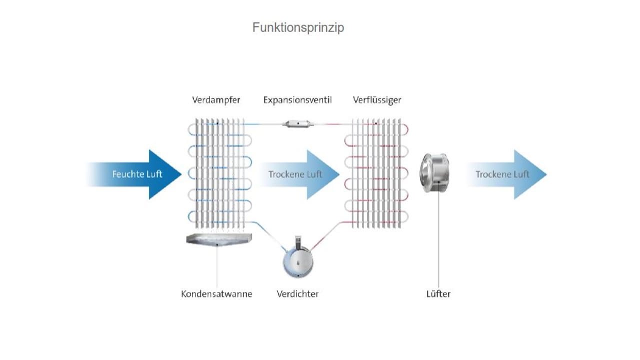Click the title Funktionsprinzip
(298, 27)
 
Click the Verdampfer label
(216, 100)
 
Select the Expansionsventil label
(297, 100)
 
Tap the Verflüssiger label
(377, 100)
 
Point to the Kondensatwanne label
(216, 294)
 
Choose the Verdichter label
(297, 294)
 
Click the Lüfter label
(438, 294)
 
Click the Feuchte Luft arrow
(135, 174)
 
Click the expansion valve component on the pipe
(297, 123)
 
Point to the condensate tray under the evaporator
(219, 240)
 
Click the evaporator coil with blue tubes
(219, 172)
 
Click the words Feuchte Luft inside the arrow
(137, 174)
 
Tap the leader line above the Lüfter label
(439, 240)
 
